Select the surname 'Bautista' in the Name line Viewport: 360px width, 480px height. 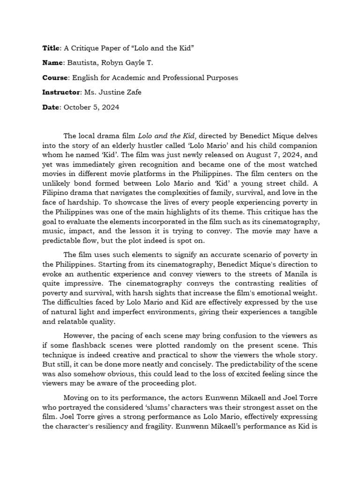(79, 63)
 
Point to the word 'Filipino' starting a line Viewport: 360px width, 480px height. (56, 193)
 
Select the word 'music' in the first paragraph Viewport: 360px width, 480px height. (52, 231)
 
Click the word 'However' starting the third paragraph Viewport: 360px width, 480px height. (79, 336)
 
